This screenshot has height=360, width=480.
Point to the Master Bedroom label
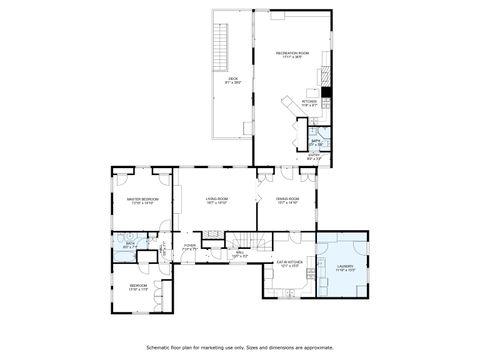[x=141, y=200]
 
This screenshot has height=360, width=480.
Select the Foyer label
[x=190, y=246]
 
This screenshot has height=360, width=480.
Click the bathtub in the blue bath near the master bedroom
[x=121, y=252]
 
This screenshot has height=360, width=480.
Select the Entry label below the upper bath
[x=315, y=156]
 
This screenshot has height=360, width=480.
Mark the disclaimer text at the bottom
[x=240, y=348]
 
